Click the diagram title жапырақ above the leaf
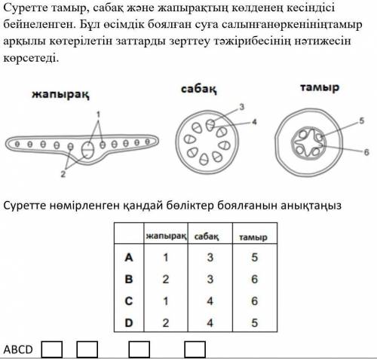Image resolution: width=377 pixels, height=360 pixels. (x=60, y=95)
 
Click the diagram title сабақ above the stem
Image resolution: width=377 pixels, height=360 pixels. (x=199, y=90)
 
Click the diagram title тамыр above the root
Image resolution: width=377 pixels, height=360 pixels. (x=320, y=88)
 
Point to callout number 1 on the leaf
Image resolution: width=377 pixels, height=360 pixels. (x=98, y=114)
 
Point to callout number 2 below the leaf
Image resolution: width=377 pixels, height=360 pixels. (x=63, y=174)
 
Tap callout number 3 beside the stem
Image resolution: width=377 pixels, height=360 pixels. (x=242, y=107)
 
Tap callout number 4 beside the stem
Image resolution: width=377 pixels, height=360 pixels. (x=254, y=122)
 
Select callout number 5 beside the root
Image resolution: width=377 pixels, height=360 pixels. (x=362, y=121)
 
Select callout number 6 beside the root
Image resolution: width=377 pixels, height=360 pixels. (x=366, y=152)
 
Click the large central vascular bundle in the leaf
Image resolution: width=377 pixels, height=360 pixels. (x=88, y=150)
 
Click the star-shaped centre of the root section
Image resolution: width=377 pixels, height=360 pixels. (x=308, y=144)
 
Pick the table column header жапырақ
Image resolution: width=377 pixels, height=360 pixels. (x=167, y=236)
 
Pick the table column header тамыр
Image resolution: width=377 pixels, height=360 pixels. (x=253, y=237)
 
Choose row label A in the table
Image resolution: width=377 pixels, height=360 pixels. (x=129, y=258)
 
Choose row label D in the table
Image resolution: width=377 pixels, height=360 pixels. (x=129, y=323)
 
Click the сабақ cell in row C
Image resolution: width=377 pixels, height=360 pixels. (x=210, y=301)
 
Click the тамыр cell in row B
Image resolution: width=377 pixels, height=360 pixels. (x=254, y=279)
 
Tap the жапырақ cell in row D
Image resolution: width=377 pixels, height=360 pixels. (x=165, y=323)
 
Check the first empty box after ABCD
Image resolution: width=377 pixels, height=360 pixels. (x=52, y=349)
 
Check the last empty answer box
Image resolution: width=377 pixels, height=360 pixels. (x=195, y=349)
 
